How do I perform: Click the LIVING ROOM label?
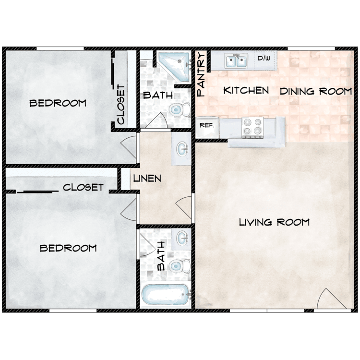pyautogui.click(x=274, y=222)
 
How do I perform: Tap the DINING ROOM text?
pyautogui.click(x=315, y=91)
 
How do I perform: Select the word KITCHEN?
pyautogui.click(x=246, y=90)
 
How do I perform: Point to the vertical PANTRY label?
pyautogui.click(x=201, y=75)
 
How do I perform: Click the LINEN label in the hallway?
pyautogui.click(x=147, y=179)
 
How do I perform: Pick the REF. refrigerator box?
pyautogui.click(x=206, y=125)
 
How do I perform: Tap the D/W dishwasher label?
pyautogui.click(x=264, y=59)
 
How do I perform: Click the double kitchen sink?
pyautogui.click(x=236, y=61)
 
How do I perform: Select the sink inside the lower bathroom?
pyautogui.click(x=182, y=238)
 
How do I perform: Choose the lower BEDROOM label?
pyautogui.click(x=68, y=248)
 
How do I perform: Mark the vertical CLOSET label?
pyautogui.click(x=121, y=105)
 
